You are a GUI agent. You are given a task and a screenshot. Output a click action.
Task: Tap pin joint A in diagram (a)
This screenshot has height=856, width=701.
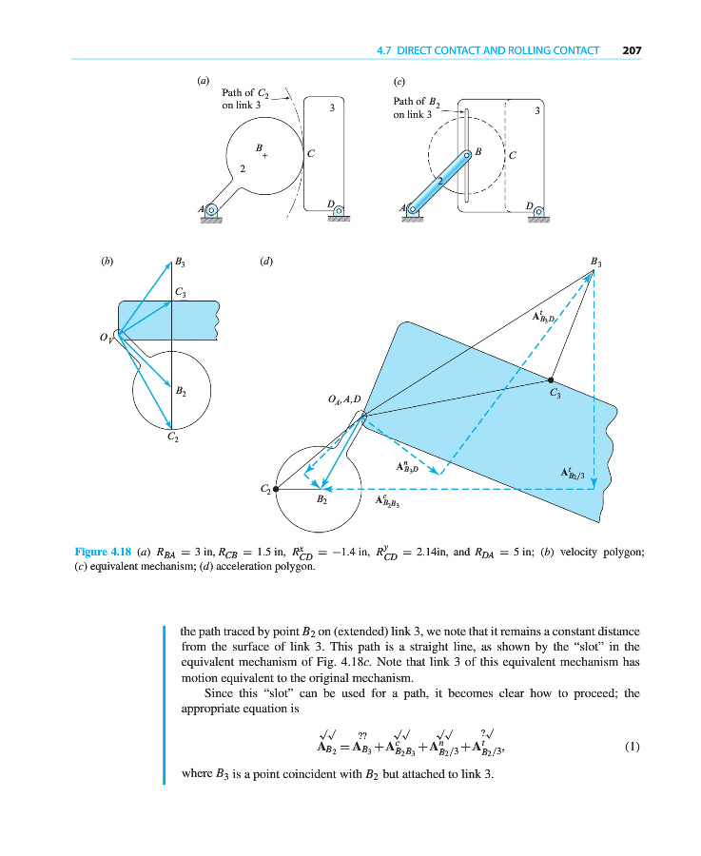(212, 210)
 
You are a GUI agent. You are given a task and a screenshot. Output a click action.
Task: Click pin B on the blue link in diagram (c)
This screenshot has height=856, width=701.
(467, 154)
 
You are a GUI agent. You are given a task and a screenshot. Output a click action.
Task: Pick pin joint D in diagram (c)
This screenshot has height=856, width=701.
(539, 210)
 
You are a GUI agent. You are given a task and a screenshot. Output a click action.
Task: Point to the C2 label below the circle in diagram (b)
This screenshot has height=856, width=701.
(172, 438)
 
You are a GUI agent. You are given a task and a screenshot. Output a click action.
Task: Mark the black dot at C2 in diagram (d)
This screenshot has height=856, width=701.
(276, 489)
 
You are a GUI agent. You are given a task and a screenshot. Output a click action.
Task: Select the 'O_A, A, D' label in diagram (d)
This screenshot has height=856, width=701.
(343, 400)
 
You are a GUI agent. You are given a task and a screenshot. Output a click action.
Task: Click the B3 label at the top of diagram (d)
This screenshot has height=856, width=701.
(596, 261)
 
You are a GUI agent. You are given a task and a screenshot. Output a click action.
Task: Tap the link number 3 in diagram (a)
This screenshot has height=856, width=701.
(331, 109)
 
